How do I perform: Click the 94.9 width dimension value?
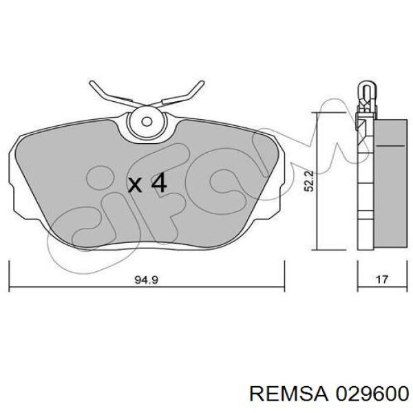coord(147,280)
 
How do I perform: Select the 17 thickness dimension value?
coord(382,279)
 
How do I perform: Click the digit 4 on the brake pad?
coord(159,182)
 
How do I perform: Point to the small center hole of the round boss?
coord(147,121)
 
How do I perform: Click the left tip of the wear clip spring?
coord(92,83)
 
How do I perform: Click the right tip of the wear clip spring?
coord(202,83)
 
